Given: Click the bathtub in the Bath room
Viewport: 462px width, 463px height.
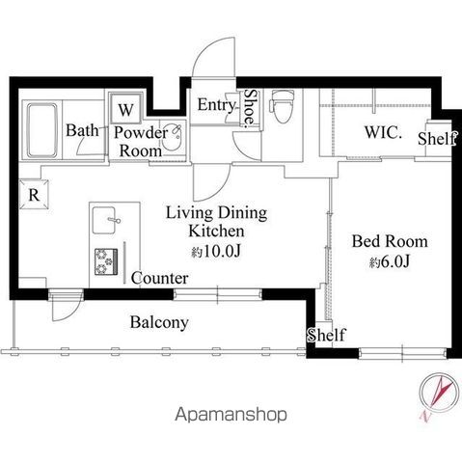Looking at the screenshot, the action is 42,130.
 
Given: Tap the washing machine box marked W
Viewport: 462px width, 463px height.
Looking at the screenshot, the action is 125,108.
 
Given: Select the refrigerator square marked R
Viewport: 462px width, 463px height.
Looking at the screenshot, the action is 34,195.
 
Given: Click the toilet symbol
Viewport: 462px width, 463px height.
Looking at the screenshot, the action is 283,106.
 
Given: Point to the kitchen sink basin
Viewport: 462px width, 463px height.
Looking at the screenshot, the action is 104,220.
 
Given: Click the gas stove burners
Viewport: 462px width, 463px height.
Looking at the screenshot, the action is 106,261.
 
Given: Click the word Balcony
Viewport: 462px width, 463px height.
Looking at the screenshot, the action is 159,322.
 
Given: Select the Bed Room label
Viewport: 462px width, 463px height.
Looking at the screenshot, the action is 390,241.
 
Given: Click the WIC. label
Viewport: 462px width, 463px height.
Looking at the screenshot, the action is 383,132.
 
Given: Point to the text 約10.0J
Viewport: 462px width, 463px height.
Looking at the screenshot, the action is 216,252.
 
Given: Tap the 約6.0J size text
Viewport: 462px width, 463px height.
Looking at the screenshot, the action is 390,262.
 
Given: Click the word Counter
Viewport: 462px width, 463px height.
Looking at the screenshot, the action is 159,278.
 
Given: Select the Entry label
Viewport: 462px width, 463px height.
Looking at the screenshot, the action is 217,105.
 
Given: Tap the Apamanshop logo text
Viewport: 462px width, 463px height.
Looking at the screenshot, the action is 231,415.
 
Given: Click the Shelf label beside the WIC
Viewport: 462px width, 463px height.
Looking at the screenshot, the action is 437,139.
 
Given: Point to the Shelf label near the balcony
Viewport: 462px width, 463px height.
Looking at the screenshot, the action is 326,335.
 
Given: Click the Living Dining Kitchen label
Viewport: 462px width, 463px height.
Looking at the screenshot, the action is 216,222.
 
